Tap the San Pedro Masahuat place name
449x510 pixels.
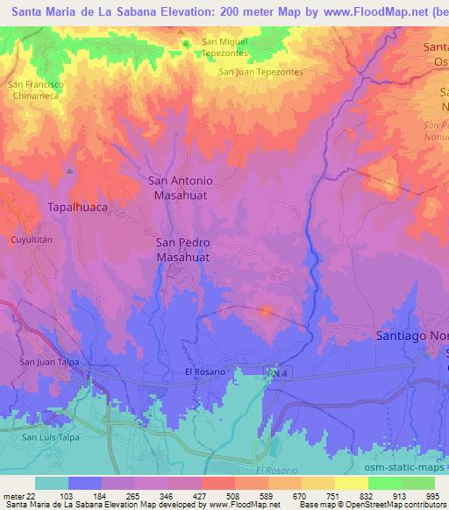[182, 250]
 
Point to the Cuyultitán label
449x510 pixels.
[32, 238]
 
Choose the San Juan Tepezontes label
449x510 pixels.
[261, 72]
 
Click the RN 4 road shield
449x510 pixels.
[276, 373]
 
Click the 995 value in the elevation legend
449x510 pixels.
[432, 496]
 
